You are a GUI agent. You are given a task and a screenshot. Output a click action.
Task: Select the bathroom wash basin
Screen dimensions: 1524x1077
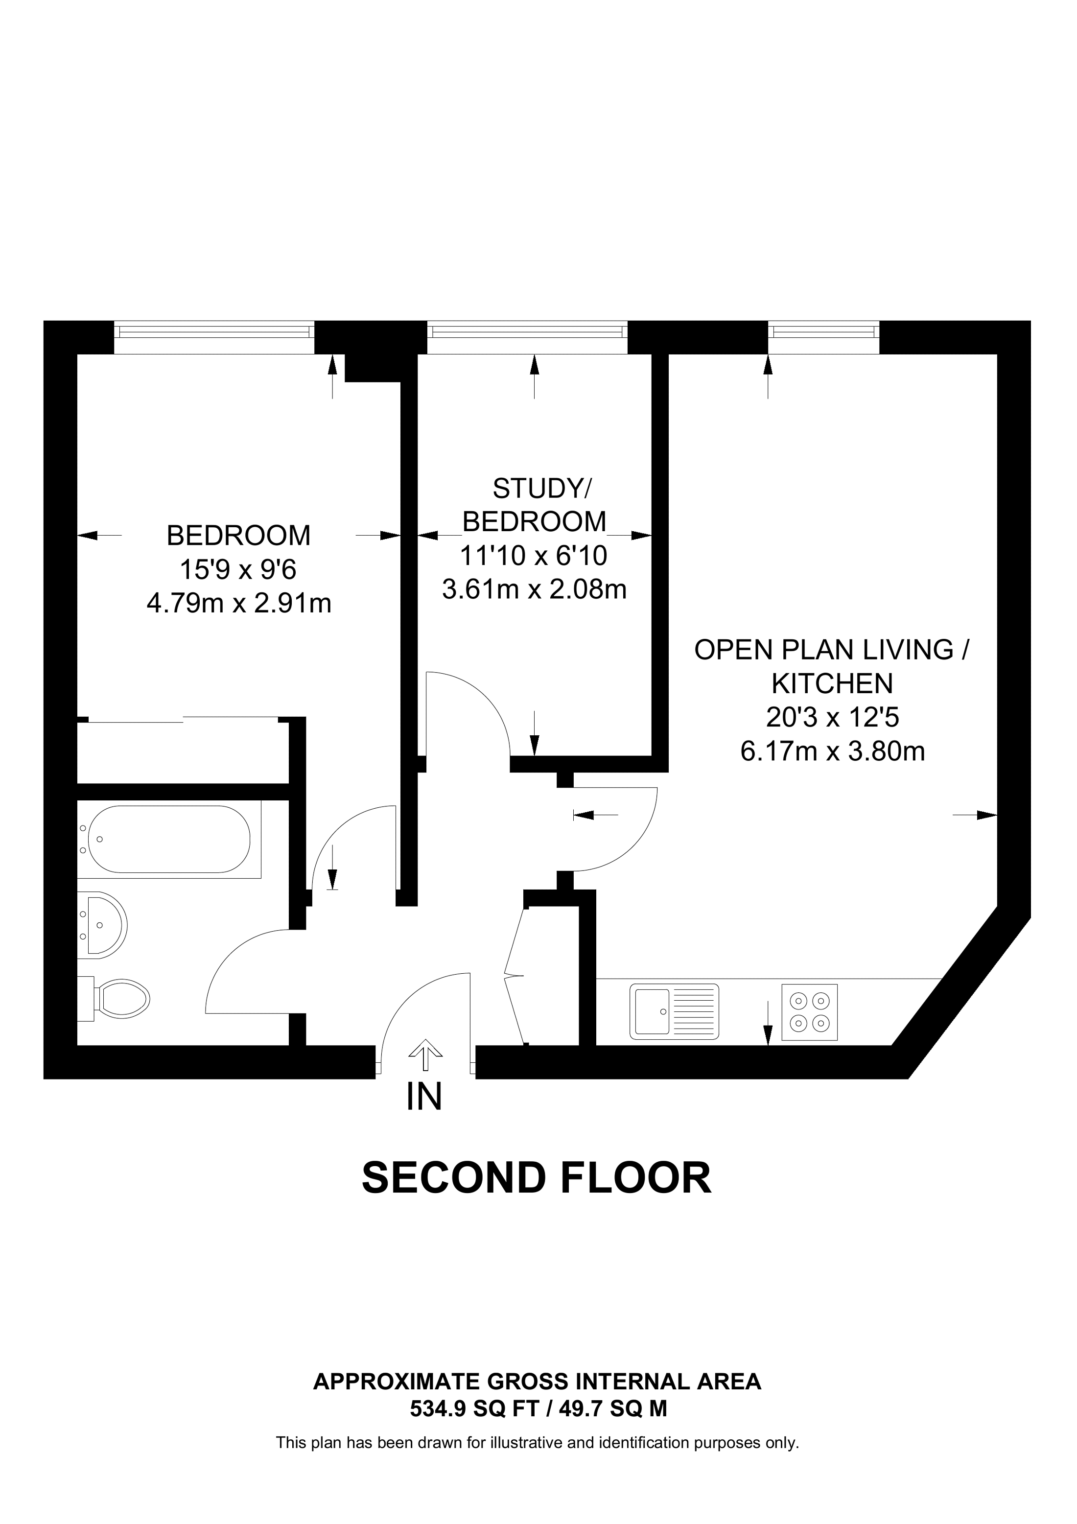click(x=103, y=925)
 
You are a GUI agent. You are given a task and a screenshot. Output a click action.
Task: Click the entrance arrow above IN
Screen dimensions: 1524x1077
click(x=425, y=1055)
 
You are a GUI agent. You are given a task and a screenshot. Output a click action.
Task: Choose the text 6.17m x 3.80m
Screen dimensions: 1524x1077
click(x=832, y=751)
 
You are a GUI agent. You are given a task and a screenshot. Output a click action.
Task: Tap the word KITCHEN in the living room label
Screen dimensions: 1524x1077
click(x=832, y=683)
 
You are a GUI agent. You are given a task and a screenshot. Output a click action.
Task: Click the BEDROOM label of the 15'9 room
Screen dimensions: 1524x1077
click(x=238, y=536)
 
